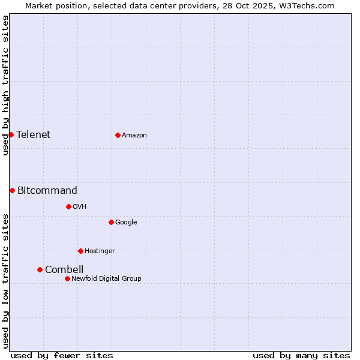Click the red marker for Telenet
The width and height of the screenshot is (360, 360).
11,134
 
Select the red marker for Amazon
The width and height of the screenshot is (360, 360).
118,135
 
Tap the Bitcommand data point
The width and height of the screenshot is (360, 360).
12,190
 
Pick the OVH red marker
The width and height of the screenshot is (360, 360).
68,206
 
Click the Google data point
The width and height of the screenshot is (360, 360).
111,222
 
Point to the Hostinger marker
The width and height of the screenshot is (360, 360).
80,251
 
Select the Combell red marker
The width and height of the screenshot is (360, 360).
40,269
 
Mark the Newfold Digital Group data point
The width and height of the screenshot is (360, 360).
67,278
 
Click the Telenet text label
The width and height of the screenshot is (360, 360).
34,134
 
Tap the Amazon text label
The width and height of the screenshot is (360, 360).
134,136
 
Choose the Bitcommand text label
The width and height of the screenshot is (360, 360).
47,191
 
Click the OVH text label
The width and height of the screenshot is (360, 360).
80,207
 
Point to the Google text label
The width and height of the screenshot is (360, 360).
126,223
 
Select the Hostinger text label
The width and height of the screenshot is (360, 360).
100,251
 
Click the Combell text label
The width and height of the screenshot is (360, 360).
64,270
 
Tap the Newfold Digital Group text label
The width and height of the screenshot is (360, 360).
106,279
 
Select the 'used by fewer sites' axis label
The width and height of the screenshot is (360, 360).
62,355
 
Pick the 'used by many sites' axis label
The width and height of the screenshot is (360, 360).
301,355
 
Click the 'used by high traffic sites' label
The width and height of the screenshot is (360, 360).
5,85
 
